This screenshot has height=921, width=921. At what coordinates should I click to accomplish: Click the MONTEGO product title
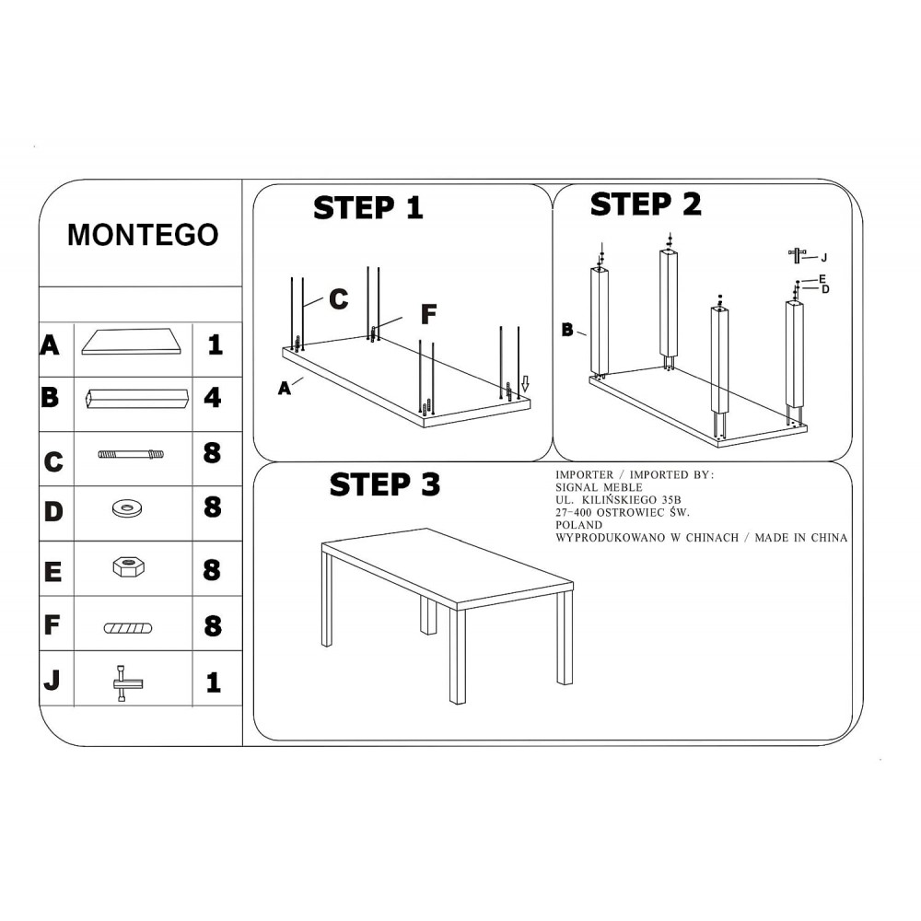click(x=143, y=235)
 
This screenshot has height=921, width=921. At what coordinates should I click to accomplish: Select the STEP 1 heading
click(x=368, y=208)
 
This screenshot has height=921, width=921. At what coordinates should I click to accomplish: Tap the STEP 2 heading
click(x=646, y=204)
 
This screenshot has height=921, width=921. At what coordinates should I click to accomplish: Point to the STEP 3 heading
click(x=385, y=484)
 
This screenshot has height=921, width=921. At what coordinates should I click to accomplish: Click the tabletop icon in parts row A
click(x=132, y=342)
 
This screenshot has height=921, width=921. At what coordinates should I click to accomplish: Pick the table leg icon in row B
click(x=137, y=398)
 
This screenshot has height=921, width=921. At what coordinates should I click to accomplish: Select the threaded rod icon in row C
click(x=131, y=454)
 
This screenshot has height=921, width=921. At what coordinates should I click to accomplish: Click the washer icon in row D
click(x=127, y=508)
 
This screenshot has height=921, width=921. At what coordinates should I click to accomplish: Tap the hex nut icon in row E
click(x=129, y=566)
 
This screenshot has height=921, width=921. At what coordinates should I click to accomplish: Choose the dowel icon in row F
click(x=128, y=628)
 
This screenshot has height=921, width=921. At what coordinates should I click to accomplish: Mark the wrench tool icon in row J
click(x=127, y=683)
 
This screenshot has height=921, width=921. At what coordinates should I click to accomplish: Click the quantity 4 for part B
click(x=213, y=398)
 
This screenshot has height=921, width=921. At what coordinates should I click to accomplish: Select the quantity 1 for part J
click(x=214, y=682)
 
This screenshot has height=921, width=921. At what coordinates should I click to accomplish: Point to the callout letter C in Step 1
click(x=338, y=299)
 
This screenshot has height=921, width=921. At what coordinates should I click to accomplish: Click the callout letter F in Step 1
click(x=429, y=314)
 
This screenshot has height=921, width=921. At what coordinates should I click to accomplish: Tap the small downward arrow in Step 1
click(x=525, y=384)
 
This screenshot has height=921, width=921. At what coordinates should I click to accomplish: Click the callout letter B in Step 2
click(x=566, y=330)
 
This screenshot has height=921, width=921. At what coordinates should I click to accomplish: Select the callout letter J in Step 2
click(x=824, y=257)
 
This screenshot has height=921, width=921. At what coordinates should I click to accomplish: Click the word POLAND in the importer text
click(x=578, y=525)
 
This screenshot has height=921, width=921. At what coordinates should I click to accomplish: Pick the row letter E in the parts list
click(x=52, y=572)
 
